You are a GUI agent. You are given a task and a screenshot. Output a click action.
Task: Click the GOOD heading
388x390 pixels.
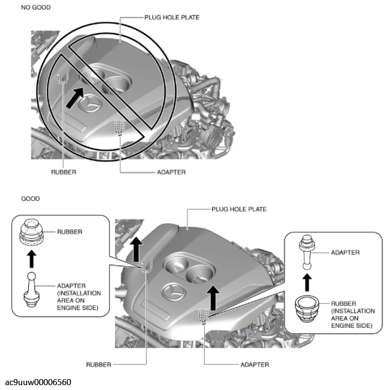[30, 199]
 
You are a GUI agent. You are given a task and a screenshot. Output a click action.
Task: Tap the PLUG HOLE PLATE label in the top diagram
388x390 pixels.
[172, 17]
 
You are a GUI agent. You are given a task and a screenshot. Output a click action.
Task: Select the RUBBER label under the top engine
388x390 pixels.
[64, 172]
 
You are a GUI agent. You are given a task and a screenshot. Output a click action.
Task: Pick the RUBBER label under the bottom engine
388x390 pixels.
[99, 364]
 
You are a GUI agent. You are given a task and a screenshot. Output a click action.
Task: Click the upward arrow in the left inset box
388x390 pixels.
[32, 256]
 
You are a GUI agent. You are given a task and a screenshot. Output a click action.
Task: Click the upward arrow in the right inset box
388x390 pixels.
[307, 281]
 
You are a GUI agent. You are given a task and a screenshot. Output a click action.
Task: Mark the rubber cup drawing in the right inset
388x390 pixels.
[307, 311]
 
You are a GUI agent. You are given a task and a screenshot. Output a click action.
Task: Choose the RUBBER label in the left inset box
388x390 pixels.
[70, 232]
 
